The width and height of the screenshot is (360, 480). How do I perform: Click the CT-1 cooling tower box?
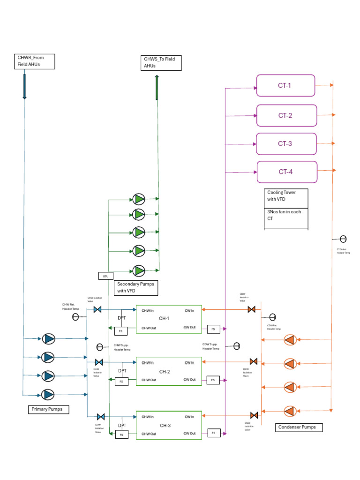[285, 86]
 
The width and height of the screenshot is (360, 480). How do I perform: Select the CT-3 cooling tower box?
[285, 144]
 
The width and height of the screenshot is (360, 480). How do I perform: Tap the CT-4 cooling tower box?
[286, 172]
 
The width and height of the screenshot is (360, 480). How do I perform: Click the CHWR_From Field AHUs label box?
[35, 61]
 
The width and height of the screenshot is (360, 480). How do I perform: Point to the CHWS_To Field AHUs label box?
[161, 63]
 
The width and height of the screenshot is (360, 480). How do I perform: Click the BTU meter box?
[105, 276]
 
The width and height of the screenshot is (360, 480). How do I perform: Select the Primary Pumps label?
[49, 410]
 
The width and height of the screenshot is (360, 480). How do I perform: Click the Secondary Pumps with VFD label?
[135, 287]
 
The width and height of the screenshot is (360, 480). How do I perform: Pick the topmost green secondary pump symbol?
[139, 199]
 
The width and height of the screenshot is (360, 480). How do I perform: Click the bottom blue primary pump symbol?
[48, 395]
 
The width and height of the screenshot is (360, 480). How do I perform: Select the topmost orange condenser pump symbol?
[290, 340]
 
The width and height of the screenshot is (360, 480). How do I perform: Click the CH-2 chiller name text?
[165, 372]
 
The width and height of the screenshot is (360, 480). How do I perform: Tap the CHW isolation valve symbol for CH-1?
[98, 309]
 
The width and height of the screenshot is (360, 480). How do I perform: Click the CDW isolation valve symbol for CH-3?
[254, 415]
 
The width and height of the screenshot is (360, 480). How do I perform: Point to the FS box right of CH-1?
[213, 329]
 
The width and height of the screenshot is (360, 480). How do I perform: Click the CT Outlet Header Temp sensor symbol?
[343, 239]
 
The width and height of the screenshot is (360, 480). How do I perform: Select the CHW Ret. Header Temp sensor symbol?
[75, 317]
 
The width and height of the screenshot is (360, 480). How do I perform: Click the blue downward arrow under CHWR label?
[24, 87]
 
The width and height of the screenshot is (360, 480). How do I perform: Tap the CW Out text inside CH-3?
[189, 434]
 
